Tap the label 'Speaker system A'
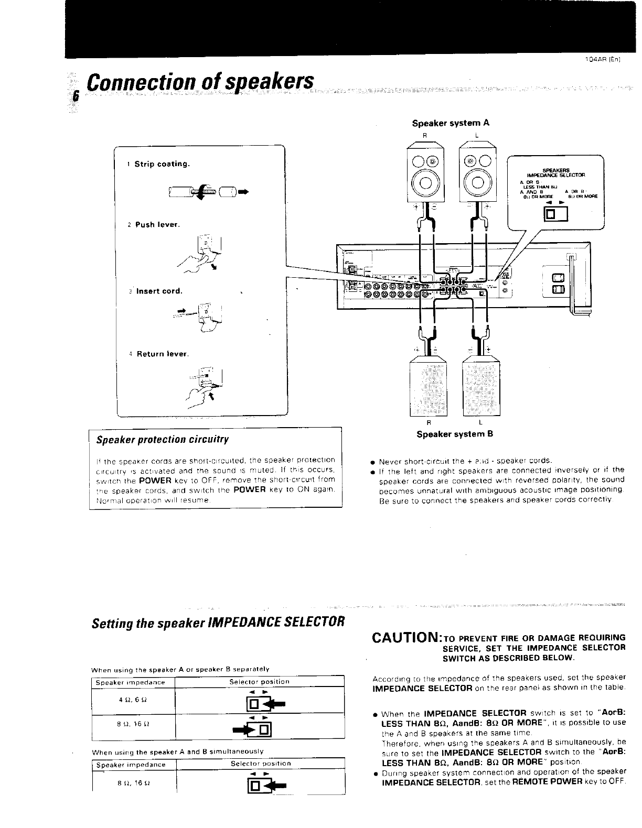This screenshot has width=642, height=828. (451, 123)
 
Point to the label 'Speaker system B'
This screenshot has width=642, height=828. (455, 434)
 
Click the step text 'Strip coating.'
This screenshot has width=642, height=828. (162, 164)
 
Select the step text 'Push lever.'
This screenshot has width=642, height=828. (157, 225)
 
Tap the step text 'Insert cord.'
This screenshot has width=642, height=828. (159, 291)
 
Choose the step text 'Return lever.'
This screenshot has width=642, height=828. (162, 354)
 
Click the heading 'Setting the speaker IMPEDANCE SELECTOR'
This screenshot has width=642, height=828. (218, 623)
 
